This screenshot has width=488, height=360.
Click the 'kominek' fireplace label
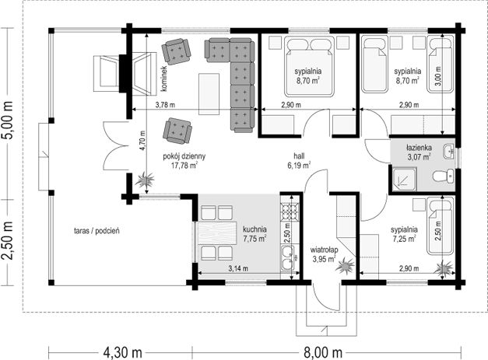[164, 79]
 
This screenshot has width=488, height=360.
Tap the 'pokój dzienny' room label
[184, 156]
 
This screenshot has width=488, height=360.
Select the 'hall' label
[299, 156]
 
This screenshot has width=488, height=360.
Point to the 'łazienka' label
[419, 148]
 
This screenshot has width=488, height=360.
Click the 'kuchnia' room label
[255, 229]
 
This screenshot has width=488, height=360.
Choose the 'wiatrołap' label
[324, 250]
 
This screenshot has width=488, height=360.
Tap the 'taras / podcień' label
[97, 231]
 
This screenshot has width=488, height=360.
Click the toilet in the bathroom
[444, 176]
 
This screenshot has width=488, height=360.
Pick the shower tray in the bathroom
[404, 180]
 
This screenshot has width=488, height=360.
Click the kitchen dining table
[216, 232]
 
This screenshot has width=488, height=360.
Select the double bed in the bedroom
[309, 67]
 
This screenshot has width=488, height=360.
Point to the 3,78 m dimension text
[165, 105]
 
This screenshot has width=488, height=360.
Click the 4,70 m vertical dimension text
[142, 141]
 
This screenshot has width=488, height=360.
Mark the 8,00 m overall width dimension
[323, 353]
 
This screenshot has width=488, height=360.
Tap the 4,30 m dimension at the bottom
[122, 353]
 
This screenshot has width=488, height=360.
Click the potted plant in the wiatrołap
[345, 265]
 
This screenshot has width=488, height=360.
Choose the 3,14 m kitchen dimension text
[238, 268]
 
